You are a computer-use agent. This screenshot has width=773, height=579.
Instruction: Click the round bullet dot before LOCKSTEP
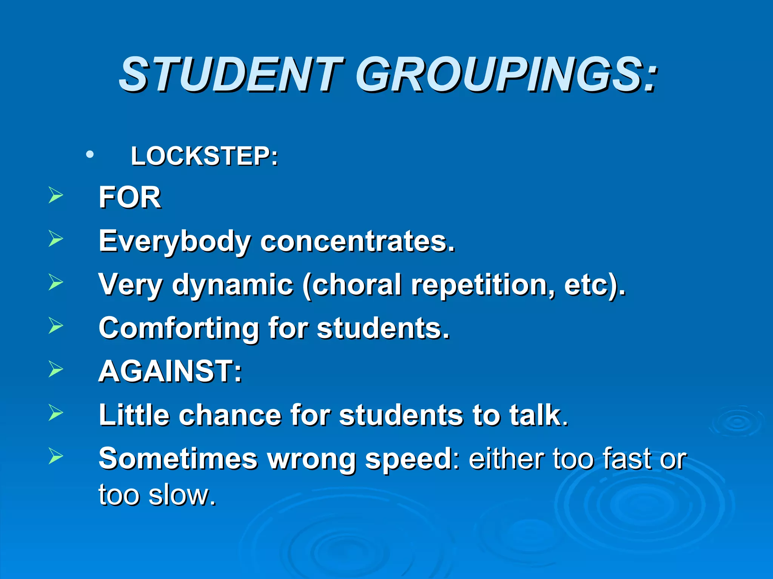pyautogui.click(x=89, y=155)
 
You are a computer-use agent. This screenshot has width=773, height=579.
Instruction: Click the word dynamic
pyautogui.click(x=233, y=285)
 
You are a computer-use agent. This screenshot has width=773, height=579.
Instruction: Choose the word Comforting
pyautogui.click(x=178, y=328)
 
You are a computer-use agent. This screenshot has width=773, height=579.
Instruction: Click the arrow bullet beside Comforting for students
pyautogui.click(x=55, y=326)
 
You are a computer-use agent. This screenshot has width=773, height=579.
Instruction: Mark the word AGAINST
pyautogui.click(x=166, y=371)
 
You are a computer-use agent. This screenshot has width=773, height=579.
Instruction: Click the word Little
pyautogui.click(x=134, y=415)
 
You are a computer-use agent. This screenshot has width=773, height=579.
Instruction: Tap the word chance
pyautogui.click(x=230, y=415)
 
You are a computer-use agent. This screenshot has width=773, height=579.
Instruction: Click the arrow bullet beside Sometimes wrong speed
pyautogui.click(x=55, y=456)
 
